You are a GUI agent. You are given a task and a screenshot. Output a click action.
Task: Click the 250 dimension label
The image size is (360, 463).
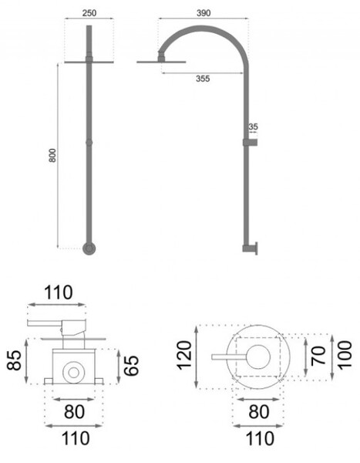point(89,13)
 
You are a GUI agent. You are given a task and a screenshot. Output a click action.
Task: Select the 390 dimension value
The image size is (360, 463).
point(204,13)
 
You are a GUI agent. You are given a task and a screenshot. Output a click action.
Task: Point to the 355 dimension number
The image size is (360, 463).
point(203,79)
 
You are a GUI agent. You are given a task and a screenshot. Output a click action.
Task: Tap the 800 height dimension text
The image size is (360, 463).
point(52,155)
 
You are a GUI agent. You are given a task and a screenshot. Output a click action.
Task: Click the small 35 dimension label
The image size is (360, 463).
point(253,127)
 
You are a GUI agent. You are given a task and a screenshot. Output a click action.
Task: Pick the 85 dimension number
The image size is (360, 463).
point(15,360)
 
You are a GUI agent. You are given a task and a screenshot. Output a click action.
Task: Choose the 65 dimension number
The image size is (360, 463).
point(131,366)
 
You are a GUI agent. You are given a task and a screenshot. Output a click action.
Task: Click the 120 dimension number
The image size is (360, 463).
point(184,355)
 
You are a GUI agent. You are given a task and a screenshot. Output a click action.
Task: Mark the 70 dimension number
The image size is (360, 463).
point(318,355)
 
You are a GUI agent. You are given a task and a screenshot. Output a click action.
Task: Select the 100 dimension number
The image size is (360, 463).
point(345,354)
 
